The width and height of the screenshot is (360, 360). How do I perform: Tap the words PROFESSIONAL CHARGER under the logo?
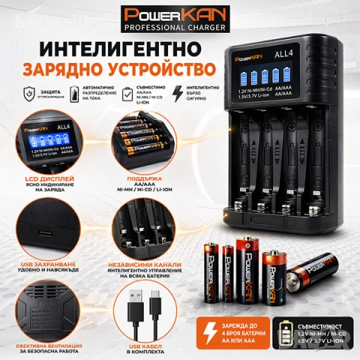click(179, 30)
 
